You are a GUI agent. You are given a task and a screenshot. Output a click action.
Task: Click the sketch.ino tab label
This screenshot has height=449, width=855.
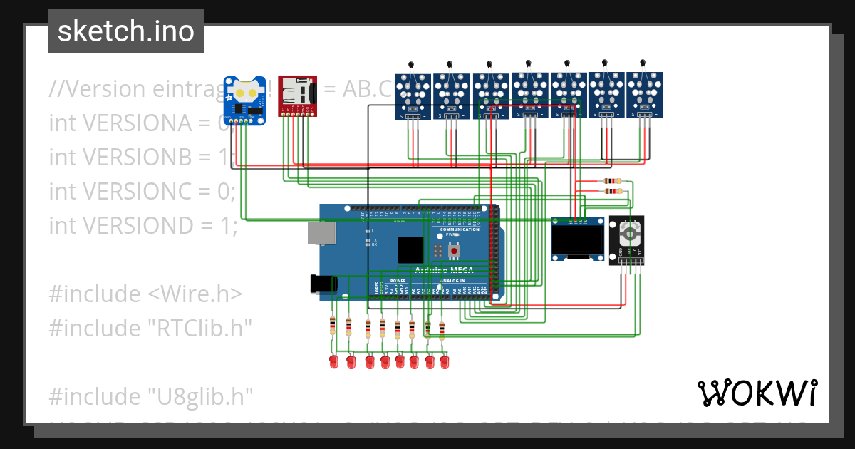125,31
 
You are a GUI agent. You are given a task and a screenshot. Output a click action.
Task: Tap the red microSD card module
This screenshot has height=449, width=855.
297,94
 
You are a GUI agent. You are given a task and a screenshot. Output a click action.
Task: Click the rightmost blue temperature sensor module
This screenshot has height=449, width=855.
644,93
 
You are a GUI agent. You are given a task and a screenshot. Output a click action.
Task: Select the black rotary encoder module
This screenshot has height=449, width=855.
627,239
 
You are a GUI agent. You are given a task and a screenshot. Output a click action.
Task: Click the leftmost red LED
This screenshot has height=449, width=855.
333,363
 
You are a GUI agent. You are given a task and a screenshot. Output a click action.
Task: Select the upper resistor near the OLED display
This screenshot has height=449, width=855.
612,181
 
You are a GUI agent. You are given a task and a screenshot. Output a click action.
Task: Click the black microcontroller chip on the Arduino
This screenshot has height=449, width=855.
410,250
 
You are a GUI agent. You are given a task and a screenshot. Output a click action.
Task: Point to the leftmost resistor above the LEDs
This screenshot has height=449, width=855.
333,326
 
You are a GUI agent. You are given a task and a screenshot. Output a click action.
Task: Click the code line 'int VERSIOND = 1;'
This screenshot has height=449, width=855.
142,225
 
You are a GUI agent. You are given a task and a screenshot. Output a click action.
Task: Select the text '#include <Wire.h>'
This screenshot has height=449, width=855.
145,294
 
